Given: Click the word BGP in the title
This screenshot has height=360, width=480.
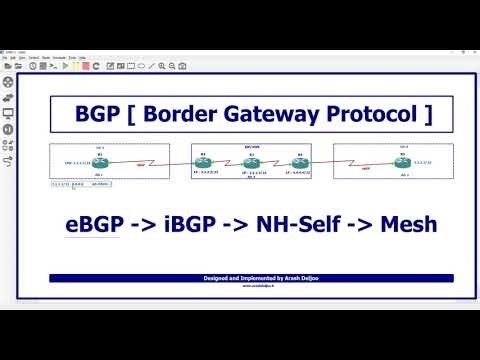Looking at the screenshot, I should coord(98,114).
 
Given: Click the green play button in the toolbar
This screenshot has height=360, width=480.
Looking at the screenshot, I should coord(65,66).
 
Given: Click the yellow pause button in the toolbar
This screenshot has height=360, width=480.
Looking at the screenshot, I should coord(74,66).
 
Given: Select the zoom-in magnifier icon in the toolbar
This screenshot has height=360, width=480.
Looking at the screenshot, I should coord(161,66).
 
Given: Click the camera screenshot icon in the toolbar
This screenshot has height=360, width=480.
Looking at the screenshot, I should coord(183,66).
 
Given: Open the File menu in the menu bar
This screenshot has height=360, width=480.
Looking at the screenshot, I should coord(5,59).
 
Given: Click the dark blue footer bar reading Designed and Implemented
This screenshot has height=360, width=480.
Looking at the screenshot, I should coord(251,278).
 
